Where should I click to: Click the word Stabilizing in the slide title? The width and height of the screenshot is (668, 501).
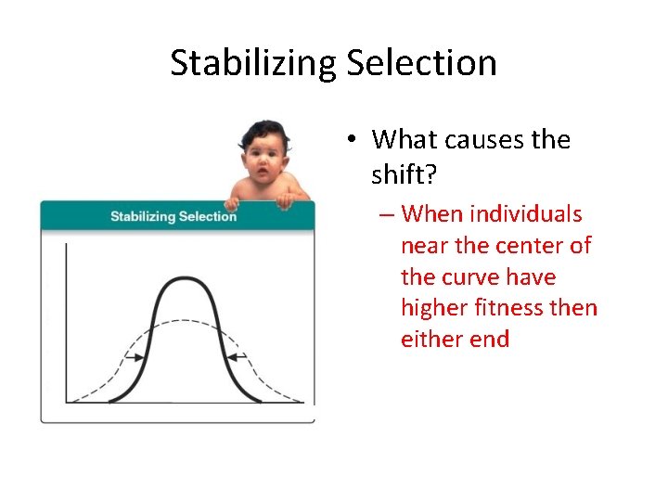(x=254, y=63)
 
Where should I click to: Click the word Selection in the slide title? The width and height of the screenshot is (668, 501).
(x=422, y=63)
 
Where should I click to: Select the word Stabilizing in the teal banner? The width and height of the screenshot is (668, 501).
(x=144, y=216)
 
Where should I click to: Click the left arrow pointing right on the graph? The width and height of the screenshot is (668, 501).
(x=135, y=357)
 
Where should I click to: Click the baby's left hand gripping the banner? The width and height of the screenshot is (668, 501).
(x=285, y=198)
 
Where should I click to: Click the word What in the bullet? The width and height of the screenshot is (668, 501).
(x=405, y=140)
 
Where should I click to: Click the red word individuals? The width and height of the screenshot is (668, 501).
(x=526, y=214)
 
